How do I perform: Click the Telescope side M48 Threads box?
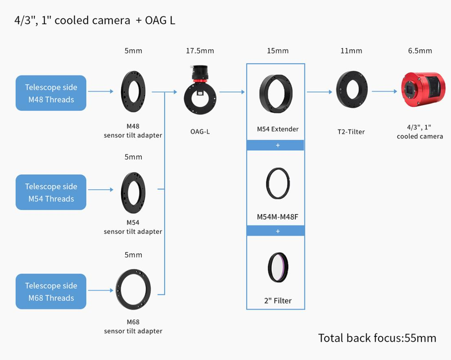pos(51,93)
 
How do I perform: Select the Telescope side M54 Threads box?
pos(51,192)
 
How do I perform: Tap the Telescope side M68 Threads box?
pos(51,291)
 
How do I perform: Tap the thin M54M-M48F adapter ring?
pos(278,184)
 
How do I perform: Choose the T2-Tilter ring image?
pos(352,90)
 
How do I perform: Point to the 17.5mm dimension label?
pos(200,51)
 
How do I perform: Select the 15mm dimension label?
pos(277,51)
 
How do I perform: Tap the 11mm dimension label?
pos(351,51)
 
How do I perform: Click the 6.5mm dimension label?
pos(420,51)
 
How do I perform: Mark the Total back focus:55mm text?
pos(377,338)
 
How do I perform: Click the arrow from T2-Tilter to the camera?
pos(384,92)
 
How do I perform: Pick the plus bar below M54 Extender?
pos(275,145)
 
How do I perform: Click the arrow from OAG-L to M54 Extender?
pos(232,92)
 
